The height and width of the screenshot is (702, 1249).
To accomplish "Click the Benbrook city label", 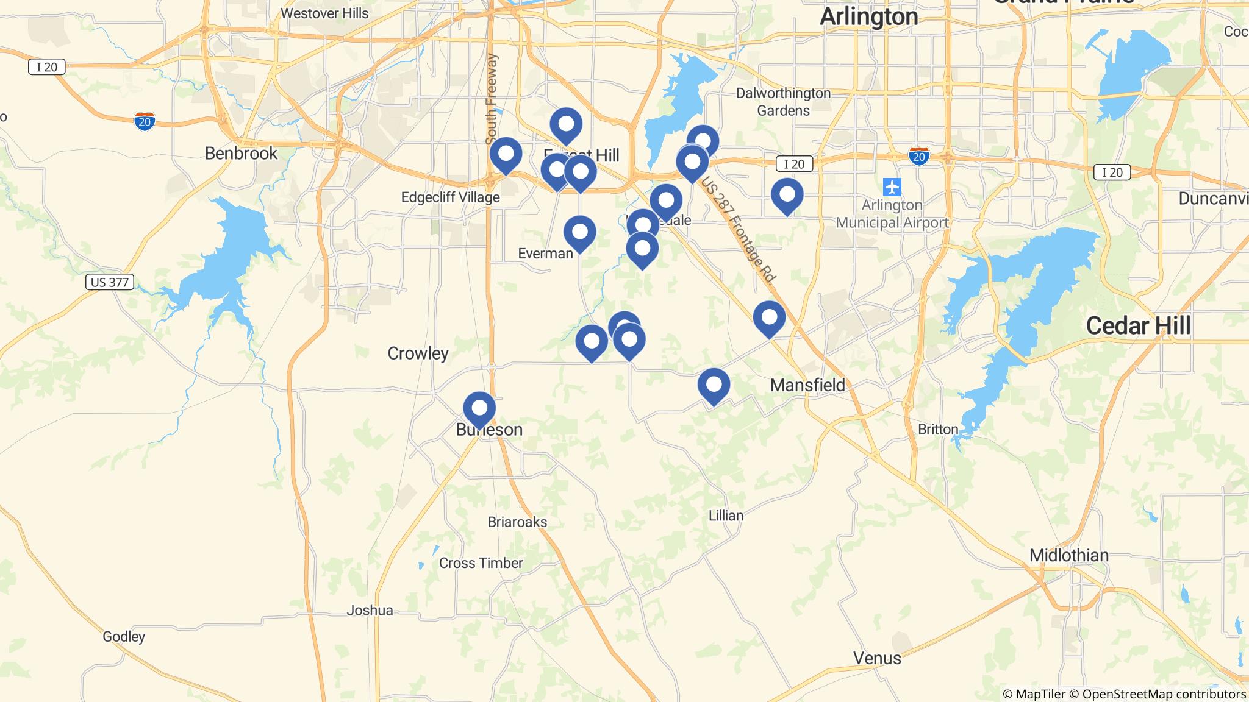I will pos(241,153).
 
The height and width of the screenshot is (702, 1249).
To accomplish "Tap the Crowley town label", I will pos(418,353).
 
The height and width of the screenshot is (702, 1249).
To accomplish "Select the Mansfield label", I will pos(807,385).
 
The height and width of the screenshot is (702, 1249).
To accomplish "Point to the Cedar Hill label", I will pos(1138,326).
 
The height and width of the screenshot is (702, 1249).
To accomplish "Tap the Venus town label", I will pos(877,658).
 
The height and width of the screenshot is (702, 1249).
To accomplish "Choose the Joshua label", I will pos(370,610).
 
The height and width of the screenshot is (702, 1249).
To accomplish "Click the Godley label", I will pos(124,637).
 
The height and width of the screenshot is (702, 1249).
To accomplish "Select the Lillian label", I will pos(726,516).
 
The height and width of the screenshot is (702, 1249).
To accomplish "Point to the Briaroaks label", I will pos(517,522).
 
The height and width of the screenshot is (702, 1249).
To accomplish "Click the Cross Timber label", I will pos(481,563).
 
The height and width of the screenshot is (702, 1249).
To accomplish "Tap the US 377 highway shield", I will pos(110,282).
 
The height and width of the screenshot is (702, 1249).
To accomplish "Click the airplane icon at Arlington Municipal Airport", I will pos(892,186).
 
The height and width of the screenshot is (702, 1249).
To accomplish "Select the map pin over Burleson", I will pos(479,409).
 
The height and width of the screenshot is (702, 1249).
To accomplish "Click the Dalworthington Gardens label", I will pos(783,102).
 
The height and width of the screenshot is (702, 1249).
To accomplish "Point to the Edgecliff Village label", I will pos(450,197).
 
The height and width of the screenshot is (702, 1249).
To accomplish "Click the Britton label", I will pos(938,429).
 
